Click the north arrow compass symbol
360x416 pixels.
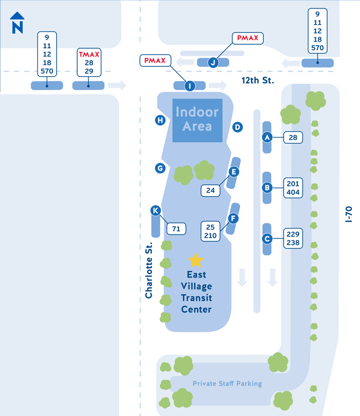(18, 23)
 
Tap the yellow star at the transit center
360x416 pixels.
(196, 260)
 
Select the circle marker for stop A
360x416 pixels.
(267, 137)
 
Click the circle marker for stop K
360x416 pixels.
(156, 210)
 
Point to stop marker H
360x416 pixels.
(160, 120)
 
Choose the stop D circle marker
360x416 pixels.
(237, 127)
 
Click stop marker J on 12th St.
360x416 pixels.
(212, 62)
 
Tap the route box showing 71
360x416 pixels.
(176, 229)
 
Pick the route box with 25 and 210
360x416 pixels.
(210, 231)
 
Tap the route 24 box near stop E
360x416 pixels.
(210, 190)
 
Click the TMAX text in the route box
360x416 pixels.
(88, 54)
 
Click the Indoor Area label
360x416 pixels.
(197, 118)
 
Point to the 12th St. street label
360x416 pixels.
(258, 80)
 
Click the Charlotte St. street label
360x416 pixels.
(149, 270)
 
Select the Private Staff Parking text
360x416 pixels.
(227, 384)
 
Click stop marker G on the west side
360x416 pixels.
(160, 168)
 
